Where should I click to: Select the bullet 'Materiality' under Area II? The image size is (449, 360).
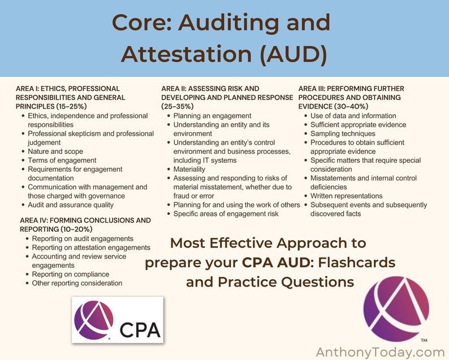click(189, 169)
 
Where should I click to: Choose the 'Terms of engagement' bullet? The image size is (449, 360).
click(62, 160)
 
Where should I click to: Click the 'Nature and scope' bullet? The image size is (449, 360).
click(55, 151)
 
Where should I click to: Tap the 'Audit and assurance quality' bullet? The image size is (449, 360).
click(71, 205)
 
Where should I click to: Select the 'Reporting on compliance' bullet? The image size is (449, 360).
click(71, 274)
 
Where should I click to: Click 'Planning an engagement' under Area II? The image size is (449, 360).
click(212, 115)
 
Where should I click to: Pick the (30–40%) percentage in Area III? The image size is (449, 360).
click(349, 106)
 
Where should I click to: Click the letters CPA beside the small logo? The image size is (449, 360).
click(140, 329)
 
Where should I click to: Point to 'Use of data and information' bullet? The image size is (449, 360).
click(353, 115)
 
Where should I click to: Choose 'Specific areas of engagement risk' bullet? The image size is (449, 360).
click(226, 214)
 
